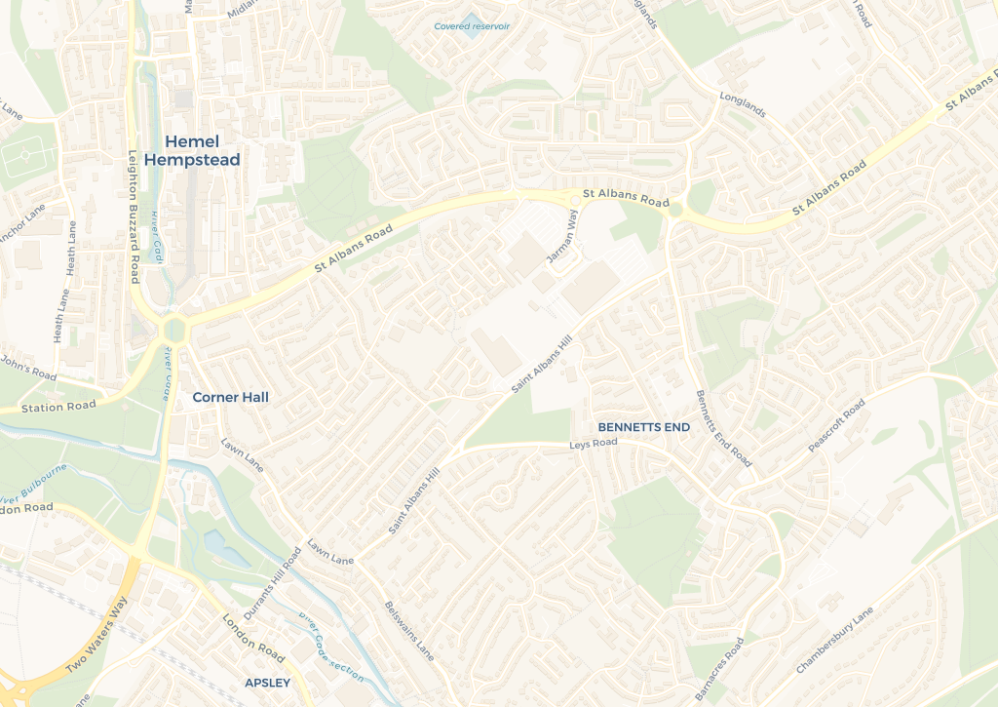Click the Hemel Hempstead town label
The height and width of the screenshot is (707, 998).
point(191,150)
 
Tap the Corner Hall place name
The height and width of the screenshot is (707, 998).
point(230,397)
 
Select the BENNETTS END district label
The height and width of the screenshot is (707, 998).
point(643,427)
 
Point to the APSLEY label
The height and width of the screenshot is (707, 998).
point(267,683)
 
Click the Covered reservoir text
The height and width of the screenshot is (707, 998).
point(472,26)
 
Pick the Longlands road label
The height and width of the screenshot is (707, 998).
point(743,105)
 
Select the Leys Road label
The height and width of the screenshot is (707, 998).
point(594,444)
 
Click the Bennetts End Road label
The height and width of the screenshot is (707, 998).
point(722,428)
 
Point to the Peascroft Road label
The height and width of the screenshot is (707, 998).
point(836,425)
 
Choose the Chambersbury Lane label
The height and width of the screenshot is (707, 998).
point(835,640)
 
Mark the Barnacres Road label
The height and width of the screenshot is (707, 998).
point(719,669)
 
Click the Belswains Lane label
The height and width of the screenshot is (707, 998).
point(408,631)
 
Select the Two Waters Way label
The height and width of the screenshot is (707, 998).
point(96,635)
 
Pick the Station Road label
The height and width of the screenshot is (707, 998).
point(58,407)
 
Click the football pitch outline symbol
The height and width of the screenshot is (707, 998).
point(26,156)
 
